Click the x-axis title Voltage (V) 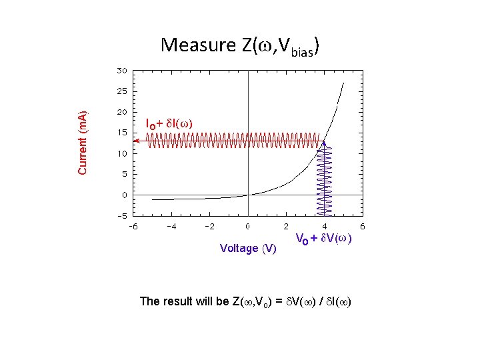[248, 249]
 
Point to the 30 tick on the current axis [123, 69]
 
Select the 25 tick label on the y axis [123, 91]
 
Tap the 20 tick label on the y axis [123, 111]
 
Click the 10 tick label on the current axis [123, 153]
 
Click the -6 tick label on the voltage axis [133, 227]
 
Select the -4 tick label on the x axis [171, 227]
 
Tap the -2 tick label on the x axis [209, 227]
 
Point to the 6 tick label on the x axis [362, 227]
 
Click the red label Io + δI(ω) [169, 123]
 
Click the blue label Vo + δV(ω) [323, 239]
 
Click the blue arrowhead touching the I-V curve [324, 143]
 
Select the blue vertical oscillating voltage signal [324, 180]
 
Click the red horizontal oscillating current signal [233, 141]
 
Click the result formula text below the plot [245, 301]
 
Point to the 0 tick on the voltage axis [248, 227]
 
